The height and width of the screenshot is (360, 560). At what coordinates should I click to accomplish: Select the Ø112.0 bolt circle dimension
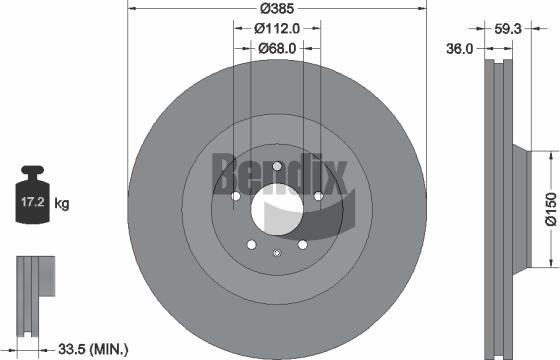coord(276,29)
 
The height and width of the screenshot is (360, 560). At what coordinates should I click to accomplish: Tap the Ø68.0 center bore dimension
coord(276,47)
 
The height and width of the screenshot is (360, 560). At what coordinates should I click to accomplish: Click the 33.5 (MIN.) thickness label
coord(94,348)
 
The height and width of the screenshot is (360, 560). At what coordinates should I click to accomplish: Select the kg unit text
coord(62,204)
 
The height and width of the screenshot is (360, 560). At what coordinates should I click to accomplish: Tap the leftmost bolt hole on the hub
coord(235,197)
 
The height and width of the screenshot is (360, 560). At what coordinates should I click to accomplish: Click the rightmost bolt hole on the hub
coord(318,196)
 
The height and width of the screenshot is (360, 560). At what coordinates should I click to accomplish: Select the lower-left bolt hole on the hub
coord(251,243)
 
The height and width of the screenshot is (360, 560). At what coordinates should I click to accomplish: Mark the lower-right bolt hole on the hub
coord(301,243)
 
